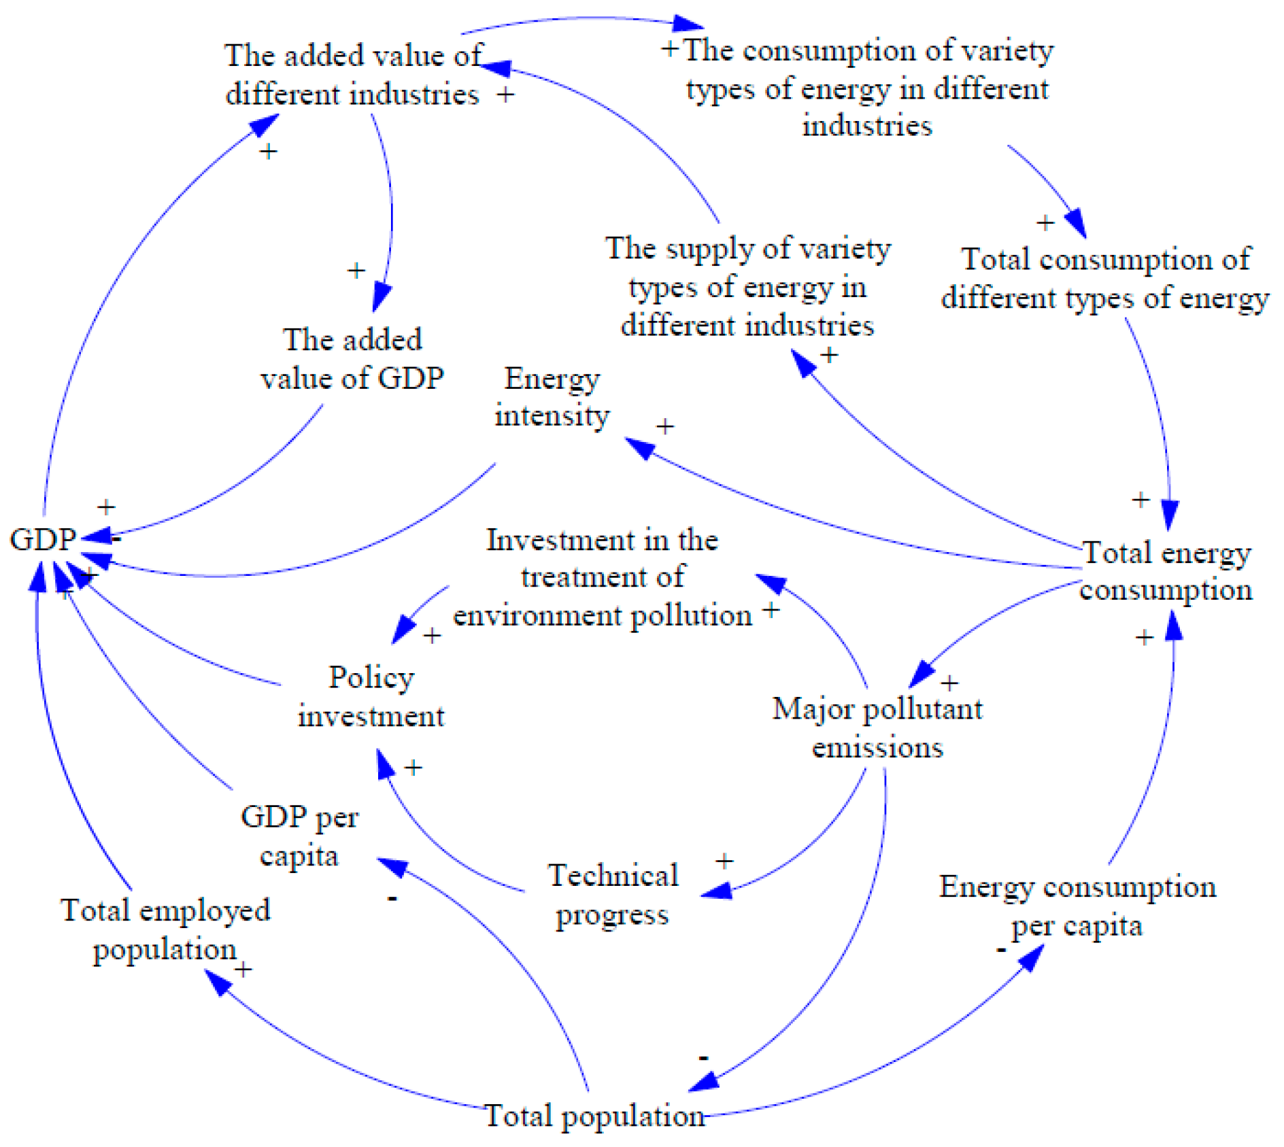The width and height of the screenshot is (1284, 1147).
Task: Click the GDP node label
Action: (42, 539)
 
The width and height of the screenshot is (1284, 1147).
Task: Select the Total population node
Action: (594, 1116)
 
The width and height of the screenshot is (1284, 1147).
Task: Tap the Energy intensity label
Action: (552, 397)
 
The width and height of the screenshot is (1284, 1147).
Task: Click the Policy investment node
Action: (371, 696)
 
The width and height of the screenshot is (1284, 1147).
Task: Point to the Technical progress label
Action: (613, 894)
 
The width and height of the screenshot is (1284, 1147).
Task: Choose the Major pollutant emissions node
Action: (877, 727)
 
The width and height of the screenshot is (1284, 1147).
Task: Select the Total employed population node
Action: (165, 929)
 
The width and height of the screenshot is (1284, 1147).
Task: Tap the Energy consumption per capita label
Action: (1077, 906)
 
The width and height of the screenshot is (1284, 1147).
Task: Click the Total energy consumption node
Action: (1166, 571)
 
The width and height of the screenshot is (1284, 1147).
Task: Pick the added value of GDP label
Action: (352, 358)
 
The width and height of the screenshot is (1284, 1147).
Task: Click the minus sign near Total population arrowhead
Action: (704, 1057)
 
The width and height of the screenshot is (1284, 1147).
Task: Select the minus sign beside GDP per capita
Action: (392, 898)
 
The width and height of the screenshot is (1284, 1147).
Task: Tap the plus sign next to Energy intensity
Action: (664, 426)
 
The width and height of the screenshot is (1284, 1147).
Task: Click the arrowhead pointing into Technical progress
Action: (715, 890)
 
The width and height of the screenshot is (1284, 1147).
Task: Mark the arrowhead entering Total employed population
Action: (217, 982)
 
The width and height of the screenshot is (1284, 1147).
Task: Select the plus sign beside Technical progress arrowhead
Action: (724, 861)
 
